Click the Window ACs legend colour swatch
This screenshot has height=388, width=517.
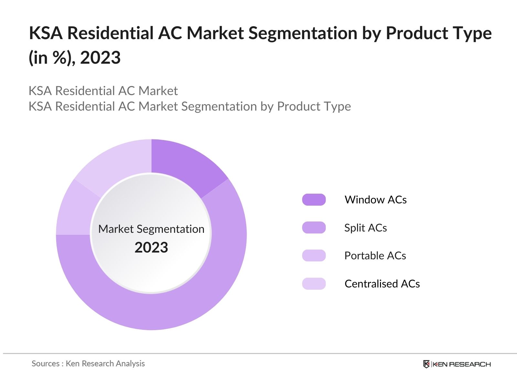click(314, 200)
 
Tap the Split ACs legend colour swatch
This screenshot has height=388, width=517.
click(314, 228)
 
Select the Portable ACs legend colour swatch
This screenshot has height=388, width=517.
click(314, 255)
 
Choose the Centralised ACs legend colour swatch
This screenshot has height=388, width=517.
click(314, 284)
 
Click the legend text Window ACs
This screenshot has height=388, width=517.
click(375, 200)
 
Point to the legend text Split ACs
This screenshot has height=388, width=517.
click(365, 228)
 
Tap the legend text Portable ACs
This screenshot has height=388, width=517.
click(375, 255)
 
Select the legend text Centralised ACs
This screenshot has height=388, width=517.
click(382, 284)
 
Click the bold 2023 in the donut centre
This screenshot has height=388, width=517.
click(151, 248)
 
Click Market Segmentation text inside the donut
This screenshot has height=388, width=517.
click(151, 229)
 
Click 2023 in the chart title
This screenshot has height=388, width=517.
click(100, 58)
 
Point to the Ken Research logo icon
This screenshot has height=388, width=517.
click(427, 364)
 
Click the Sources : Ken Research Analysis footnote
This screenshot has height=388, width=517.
click(88, 363)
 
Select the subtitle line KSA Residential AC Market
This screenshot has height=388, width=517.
click(103, 91)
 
